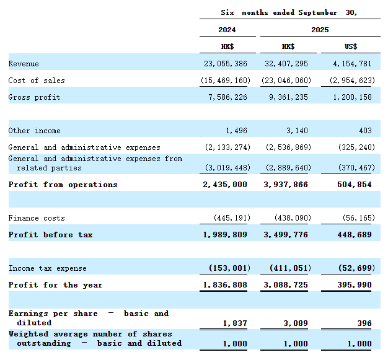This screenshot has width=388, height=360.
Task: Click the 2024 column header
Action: pos(227,30)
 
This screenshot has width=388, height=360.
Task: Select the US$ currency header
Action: pos(351,46)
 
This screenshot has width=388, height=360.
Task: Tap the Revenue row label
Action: pos(24,64)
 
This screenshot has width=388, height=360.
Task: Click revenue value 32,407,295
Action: pos(286,64)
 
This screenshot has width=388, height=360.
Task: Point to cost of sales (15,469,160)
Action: pos(226,81)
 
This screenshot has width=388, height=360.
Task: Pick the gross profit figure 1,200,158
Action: pos(352,97)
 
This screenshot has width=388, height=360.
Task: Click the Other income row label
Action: pos(34,131)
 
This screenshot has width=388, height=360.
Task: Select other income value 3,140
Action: pos(297,131)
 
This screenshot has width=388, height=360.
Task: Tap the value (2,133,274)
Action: pos(227,147)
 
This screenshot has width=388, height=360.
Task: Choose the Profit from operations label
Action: pos(63,185)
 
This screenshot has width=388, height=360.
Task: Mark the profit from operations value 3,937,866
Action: pos(286,185)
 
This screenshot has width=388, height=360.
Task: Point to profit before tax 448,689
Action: pos(355,235)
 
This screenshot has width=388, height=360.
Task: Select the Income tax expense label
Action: pos(48,268)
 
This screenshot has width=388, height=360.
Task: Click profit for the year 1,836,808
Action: pos(225,285)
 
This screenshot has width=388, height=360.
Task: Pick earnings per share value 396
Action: pos(364,323)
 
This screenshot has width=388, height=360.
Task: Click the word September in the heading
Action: pos(317,12)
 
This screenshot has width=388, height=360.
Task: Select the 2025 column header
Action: pos(320,30)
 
